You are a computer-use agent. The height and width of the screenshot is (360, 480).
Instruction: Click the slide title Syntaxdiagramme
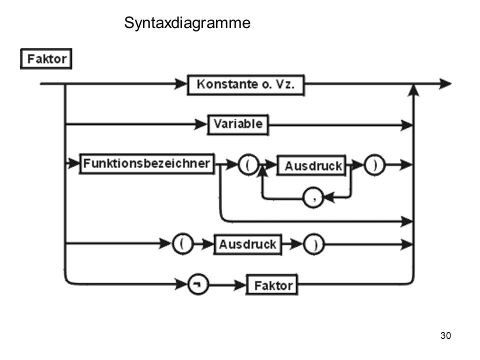click(x=187, y=23)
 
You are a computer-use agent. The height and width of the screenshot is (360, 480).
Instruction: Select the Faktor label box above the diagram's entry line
click(x=46, y=59)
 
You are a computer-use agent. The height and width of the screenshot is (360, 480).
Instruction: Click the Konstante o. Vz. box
click(x=246, y=85)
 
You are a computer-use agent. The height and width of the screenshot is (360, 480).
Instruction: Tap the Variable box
click(x=238, y=124)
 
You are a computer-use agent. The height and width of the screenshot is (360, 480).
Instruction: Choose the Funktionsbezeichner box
click(x=147, y=164)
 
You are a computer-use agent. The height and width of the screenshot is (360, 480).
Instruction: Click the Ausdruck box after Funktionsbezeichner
click(x=311, y=165)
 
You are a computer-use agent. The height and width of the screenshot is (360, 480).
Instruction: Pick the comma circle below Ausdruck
click(x=313, y=197)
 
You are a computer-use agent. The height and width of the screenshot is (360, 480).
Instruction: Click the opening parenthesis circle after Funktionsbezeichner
click(x=248, y=164)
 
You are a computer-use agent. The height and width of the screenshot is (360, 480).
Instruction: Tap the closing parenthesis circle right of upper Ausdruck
click(x=374, y=165)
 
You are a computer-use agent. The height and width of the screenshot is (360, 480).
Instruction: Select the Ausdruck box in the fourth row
click(x=247, y=244)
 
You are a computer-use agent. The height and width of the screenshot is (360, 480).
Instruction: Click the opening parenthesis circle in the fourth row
click(x=183, y=244)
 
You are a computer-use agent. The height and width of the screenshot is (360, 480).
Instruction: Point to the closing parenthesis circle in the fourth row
click(x=314, y=244)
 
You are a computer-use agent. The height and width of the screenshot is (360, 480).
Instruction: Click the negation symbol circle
click(x=198, y=284)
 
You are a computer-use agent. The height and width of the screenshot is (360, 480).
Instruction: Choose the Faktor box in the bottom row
click(x=272, y=285)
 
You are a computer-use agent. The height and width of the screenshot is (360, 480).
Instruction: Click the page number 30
click(x=445, y=336)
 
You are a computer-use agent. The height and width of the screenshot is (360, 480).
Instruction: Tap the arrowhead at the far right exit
click(x=445, y=83)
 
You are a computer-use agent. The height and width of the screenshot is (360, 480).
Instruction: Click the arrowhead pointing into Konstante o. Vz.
click(x=180, y=83)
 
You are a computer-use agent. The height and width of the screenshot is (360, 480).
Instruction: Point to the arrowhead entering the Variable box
click(x=201, y=124)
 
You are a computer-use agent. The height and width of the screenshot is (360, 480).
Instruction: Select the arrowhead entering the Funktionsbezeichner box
click(x=73, y=163)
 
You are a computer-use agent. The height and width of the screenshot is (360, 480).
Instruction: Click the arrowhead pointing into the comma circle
click(x=329, y=197)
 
